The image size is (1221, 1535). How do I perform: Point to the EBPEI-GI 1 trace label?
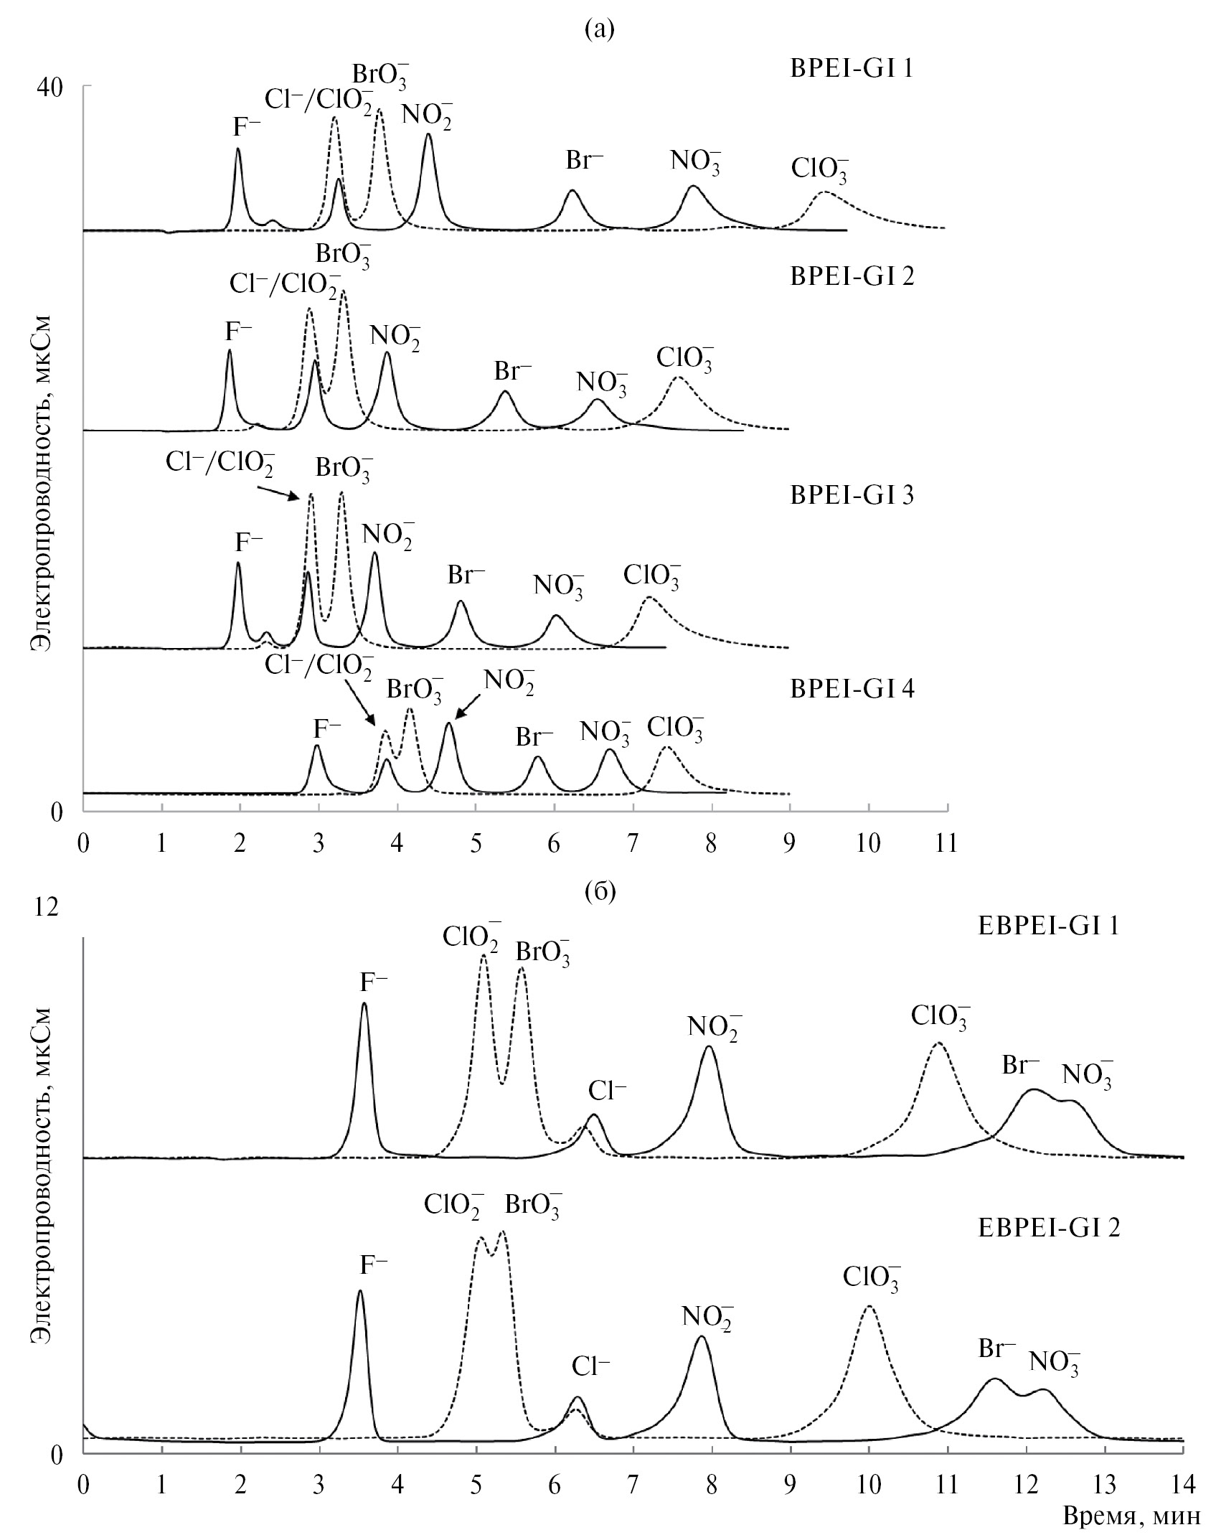1049,926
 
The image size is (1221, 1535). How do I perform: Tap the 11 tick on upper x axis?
947,844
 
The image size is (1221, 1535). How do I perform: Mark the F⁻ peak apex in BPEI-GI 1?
238,149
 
